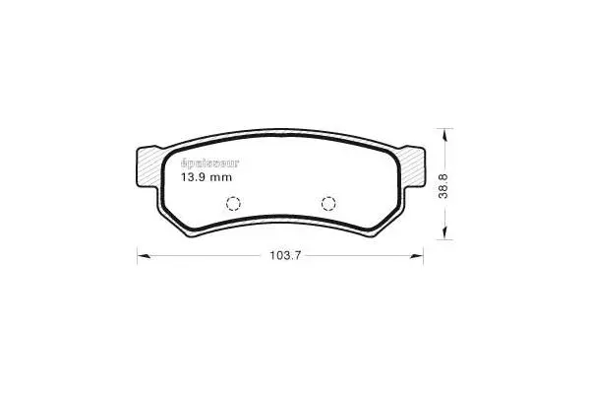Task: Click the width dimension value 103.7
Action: click(283, 256)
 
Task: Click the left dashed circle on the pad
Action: click(234, 204)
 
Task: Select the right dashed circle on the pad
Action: click(328, 204)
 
